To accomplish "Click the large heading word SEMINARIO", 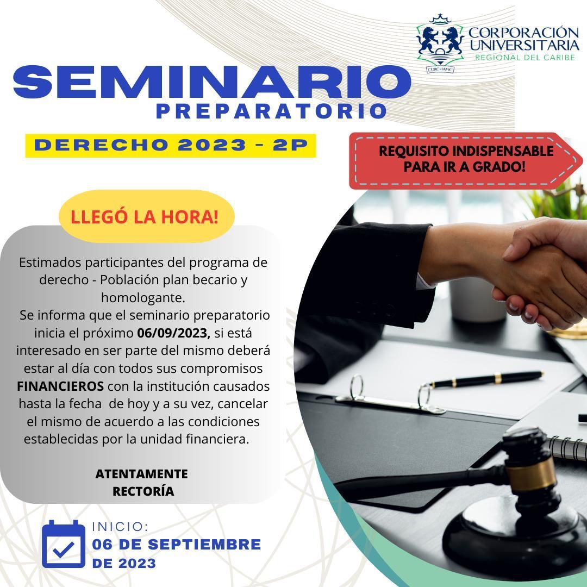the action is (x=212, y=82).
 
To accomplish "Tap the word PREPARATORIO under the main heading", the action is (x=271, y=111).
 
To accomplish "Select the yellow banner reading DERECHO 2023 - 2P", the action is (x=171, y=145).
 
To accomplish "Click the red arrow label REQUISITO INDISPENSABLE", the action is (x=466, y=160).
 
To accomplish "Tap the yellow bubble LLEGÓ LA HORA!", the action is (x=146, y=216).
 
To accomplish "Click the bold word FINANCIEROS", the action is (x=60, y=386).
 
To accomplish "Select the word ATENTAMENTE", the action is (x=141, y=474).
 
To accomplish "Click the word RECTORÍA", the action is (x=143, y=491).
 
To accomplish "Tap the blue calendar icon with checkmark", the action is (x=64, y=544).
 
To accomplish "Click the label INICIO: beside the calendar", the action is (x=120, y=527).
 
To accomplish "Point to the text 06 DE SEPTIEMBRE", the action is (x=177, y=544).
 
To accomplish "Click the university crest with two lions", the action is (x=440, y=43).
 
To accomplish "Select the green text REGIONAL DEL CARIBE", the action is (x=525, y=57).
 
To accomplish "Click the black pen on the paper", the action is (x=485, y=379).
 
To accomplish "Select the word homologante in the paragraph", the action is (x=143, y=298).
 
